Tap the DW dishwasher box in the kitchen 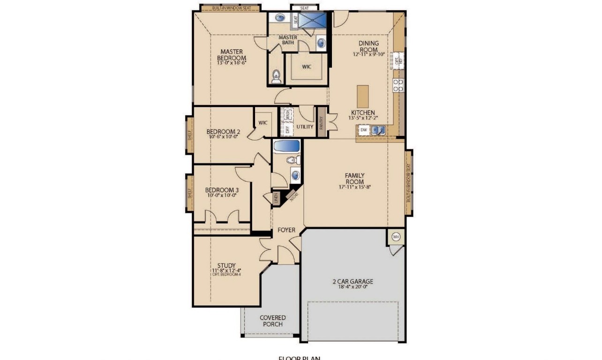point(364,130)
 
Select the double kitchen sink point(378,130)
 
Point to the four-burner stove point(398,85)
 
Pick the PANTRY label point(322,125)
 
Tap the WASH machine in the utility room point(286,114)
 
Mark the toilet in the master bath point(276,75)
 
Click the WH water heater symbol point(396,237)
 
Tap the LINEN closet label point(276,198)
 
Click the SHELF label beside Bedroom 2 point(190,135)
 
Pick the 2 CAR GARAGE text point(353,282)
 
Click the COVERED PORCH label point(273,321)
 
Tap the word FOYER point(286,230)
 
